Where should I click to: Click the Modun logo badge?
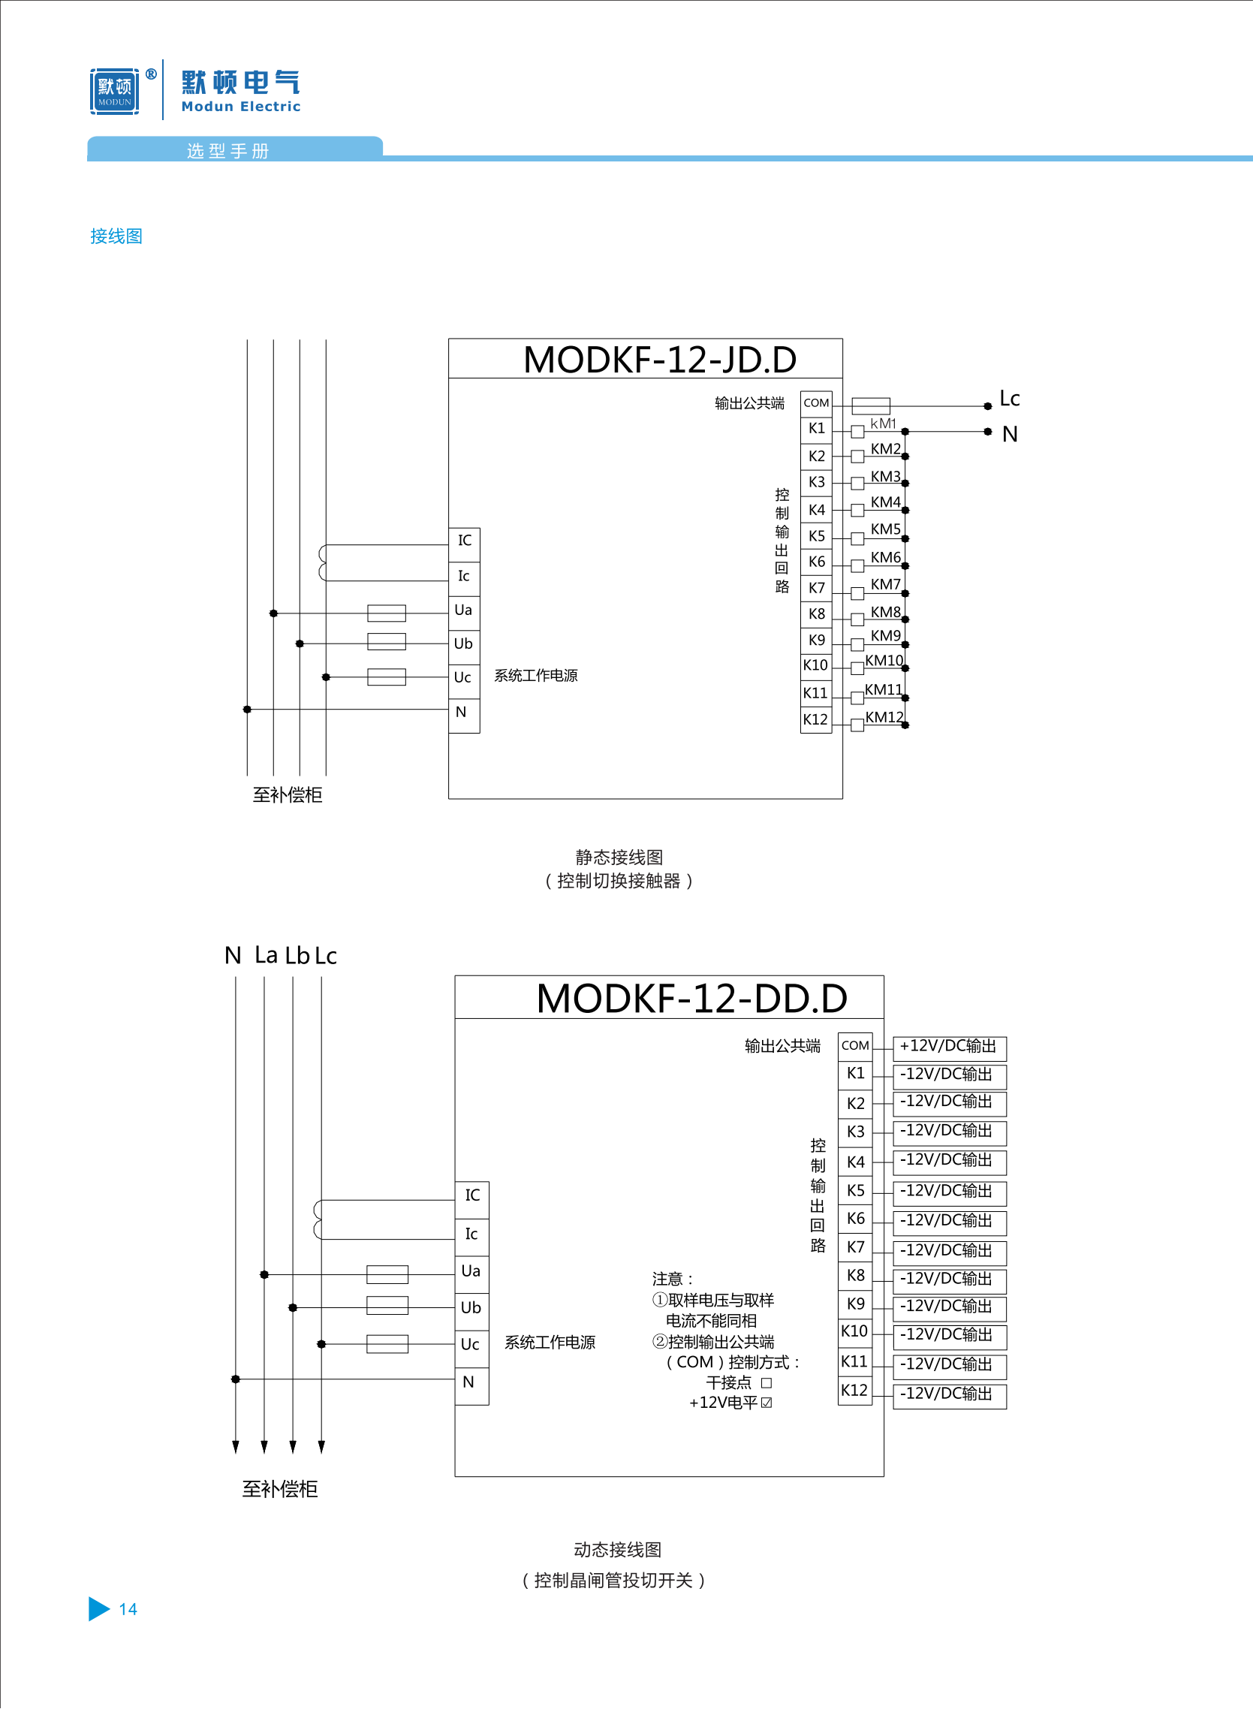click(115, 92)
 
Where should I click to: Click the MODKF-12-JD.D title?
click(659, 360)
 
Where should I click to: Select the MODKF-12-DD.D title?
click(691, 998)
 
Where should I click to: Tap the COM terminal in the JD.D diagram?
click(816, 402)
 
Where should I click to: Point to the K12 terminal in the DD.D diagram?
click(854, 1391)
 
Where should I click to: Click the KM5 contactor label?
click(885, 529)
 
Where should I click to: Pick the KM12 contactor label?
click(884, 717)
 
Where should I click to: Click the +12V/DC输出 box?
click(949, 1047)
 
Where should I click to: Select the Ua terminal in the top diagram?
click(463, 610)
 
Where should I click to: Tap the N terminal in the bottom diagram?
click(468, 1382)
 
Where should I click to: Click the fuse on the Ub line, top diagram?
click(386, 643)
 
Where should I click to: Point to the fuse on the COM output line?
click(870, 405)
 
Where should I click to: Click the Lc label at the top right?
click(1009, 398)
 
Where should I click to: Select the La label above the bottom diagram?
click(267, 955)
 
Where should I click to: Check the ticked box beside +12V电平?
click(766, 1403)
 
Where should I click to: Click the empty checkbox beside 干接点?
click(766, 1383)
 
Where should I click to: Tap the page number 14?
click(128, 1609)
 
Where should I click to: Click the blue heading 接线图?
click(116, 236)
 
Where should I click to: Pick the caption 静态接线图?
click(619, 858)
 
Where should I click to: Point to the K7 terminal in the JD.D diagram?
click(816, 588)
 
